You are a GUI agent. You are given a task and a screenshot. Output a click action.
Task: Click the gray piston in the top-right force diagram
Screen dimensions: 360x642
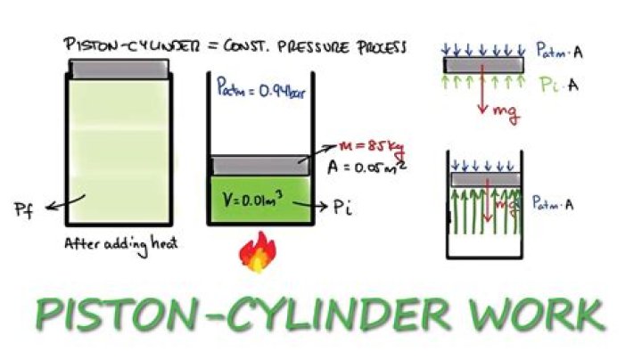point(482,65)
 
